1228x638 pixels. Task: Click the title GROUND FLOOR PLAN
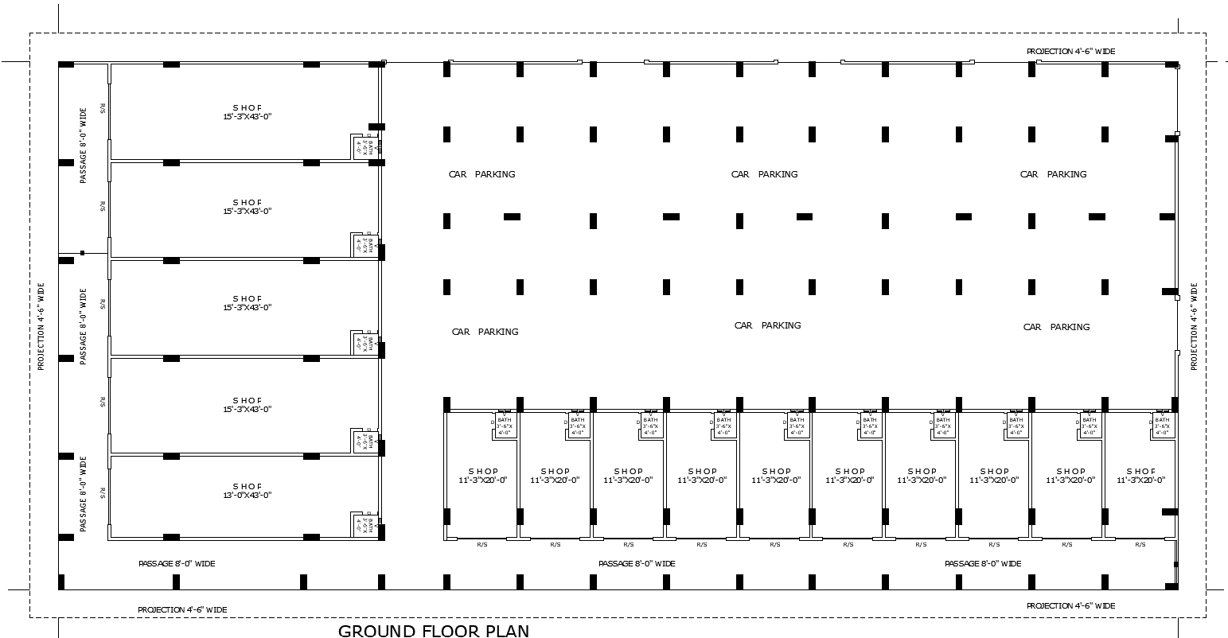(433, 631)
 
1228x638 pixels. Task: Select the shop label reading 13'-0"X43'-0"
(247, 491)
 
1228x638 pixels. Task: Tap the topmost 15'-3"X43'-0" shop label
(247, 112)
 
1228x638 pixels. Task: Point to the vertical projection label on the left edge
(41, 326)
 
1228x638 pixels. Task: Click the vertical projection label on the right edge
(1194, 326)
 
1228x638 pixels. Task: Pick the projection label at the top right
(1070, 51)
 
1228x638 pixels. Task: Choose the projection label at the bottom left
(182, 609)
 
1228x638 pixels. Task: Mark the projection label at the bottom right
(1070, 605)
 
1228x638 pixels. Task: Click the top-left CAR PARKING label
(481, 174)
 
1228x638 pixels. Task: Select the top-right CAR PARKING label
(1053, 174)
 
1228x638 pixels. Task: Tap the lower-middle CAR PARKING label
(767, 325)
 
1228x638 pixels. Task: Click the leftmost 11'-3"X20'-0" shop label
(482, 476)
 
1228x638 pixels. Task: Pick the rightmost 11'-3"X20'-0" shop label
(1140, 476)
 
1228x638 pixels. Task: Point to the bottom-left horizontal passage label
(177, 563)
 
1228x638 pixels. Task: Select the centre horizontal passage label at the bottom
(637, 563)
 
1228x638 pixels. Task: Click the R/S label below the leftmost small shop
(482, 545)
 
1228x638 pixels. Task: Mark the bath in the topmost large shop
(365, 147)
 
